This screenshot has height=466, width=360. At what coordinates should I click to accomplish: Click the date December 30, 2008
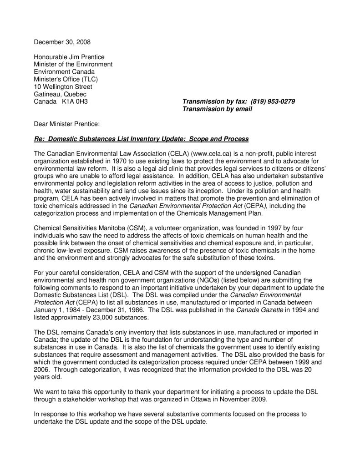62,42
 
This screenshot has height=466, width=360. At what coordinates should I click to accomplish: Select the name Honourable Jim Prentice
69,57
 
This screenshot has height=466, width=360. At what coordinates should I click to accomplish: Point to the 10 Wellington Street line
63,86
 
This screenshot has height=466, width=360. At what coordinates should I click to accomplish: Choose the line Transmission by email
217,109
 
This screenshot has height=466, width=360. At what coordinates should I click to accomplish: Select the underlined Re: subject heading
141,138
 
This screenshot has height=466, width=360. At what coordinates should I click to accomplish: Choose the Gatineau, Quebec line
60,94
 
